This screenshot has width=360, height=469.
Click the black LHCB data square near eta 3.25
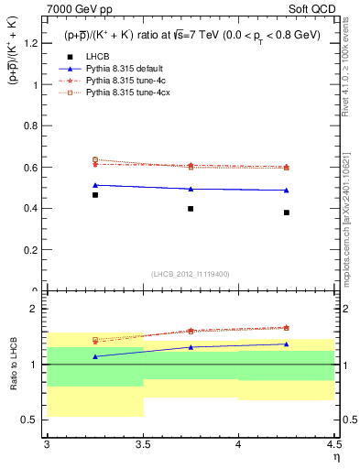tap(94, 195)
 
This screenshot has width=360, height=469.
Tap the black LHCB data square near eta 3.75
tap(191, 209)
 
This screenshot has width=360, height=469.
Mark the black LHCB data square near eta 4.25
tap(287, 213)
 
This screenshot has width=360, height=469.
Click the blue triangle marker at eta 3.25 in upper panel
tap(94, 185)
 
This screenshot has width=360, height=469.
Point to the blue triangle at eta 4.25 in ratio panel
tap(287, 344)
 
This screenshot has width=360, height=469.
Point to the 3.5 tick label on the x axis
tap(142, 445)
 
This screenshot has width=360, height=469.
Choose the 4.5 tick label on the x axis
tap(333, 445)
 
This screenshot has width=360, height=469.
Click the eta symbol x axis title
tap(336, 457)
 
